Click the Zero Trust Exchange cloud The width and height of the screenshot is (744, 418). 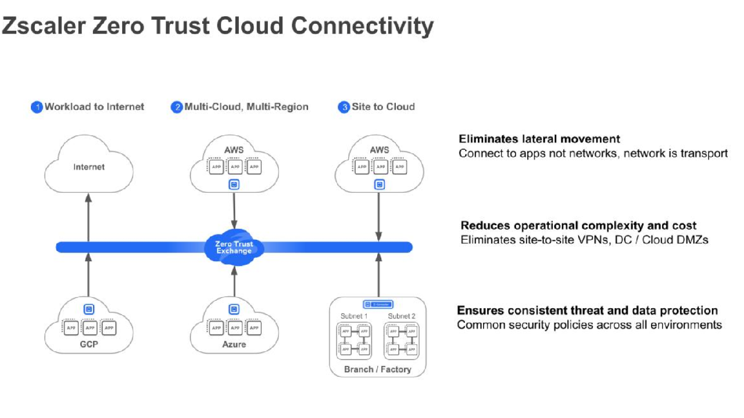234,248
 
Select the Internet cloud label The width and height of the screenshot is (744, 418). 89,167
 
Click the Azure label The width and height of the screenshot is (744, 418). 234,344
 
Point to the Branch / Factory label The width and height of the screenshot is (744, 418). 377,369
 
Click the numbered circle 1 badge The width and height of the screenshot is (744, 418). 37,107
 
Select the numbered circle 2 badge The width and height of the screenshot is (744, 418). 177,107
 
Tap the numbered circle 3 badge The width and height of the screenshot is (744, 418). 344,107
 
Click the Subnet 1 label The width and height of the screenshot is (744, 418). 354,316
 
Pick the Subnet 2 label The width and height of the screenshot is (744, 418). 402,316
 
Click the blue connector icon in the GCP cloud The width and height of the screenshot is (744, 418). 88,309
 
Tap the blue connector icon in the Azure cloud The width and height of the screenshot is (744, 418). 234,309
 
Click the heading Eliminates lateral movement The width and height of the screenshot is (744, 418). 539,139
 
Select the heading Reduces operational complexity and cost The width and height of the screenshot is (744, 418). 578,226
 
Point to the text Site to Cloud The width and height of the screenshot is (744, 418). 383,107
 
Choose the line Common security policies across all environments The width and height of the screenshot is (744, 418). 589,325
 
